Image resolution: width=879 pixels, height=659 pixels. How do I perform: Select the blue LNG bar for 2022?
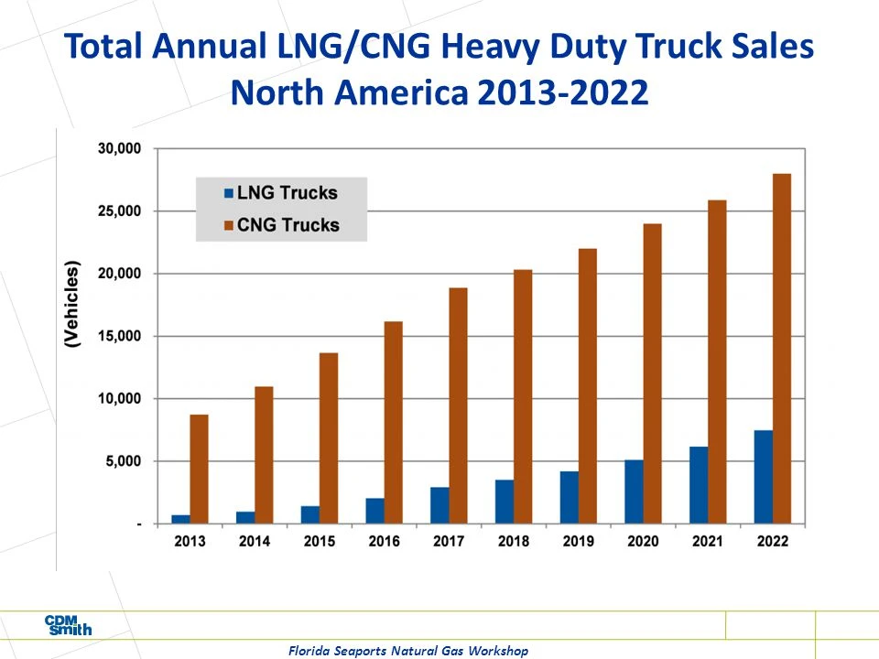764,477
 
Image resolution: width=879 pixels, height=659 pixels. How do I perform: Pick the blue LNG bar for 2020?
634,492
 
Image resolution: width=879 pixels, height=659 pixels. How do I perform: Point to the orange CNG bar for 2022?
782,349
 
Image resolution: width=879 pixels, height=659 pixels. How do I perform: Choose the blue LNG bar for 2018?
505,502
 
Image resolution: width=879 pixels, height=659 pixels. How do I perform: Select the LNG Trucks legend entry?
278,193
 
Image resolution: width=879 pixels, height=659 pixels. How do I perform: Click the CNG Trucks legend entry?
279,224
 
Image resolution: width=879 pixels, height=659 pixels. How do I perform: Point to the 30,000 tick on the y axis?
118,148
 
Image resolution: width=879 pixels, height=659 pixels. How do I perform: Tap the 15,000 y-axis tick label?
118,336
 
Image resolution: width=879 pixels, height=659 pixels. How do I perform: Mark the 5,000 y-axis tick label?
122,461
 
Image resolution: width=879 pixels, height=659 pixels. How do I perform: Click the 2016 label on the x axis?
384,541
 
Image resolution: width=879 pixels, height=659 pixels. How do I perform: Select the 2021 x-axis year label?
707,541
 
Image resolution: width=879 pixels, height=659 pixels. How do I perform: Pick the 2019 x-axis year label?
578,541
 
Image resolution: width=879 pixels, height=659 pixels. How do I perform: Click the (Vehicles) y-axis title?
73,304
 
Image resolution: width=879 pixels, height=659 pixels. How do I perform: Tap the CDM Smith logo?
69,626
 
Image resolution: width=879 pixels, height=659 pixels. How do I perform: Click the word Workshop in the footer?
494,651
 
